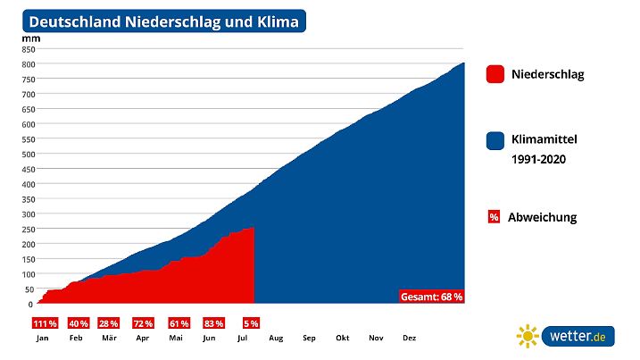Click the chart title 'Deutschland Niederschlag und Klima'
point(165,21)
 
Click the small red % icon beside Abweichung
point(494,217)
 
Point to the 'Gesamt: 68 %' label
point(432,297)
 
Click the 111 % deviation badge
point(45,323)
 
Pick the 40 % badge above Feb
point(78,323)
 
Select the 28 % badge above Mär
point(109,323)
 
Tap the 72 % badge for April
point(143,323)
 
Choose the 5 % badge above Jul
point(251,323)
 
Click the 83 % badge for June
point(212,323)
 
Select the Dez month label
point(409,339)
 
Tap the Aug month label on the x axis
point(276,339)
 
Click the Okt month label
point(342,339)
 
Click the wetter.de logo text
point(578,337)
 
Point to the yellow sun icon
point(528,337)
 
